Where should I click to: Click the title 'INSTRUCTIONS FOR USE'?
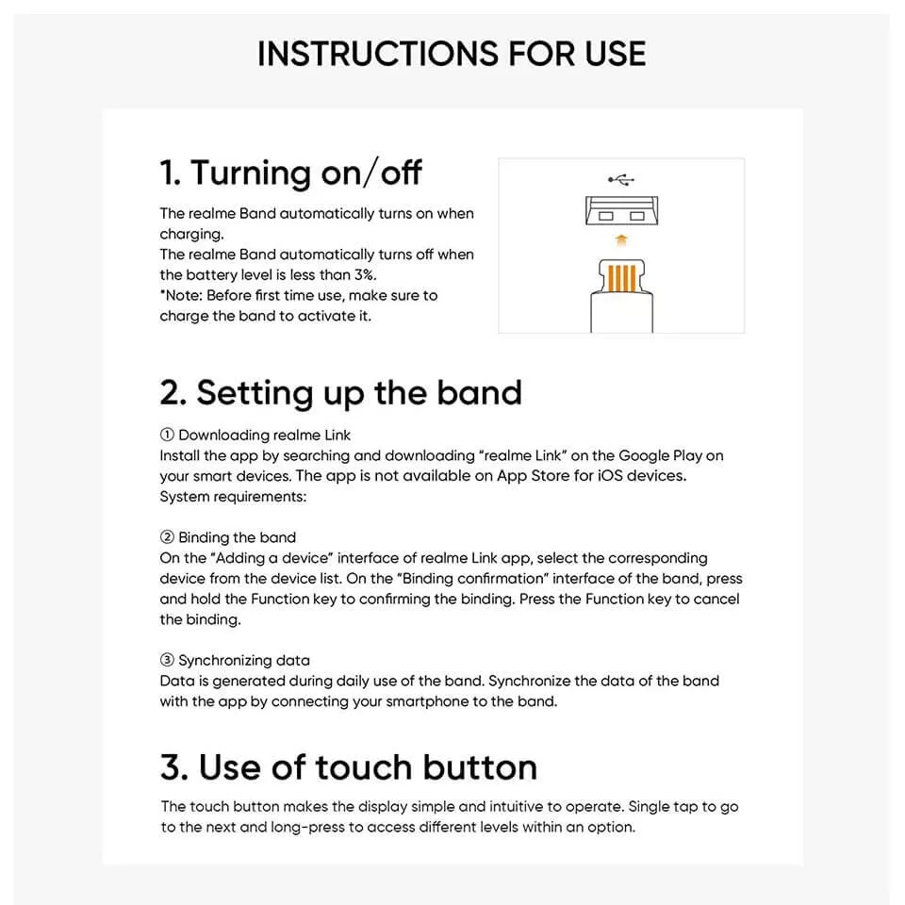[x=452, y=54]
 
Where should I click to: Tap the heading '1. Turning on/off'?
[x=290, y=173]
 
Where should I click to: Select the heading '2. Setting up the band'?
[x=340, y=393]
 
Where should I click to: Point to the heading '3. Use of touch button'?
[x=349, y=767]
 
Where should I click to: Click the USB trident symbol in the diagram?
[x=621, y=180]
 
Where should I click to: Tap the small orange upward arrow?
[x=621, y=240]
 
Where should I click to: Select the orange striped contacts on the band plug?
[x=621, y=278]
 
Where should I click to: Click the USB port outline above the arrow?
[x=621, y=210]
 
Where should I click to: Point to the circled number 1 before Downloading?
[x=167, y=435]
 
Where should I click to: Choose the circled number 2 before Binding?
[x=167, y=536]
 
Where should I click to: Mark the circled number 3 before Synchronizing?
[x=167, y=660]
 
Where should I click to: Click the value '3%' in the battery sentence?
[x=365, y=274]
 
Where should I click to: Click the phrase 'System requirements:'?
[x=233, y=497]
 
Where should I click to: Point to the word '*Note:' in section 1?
[x=181, y=295]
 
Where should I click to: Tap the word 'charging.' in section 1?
[x=191, y=235]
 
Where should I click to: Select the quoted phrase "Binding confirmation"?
[x=474, y=578]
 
